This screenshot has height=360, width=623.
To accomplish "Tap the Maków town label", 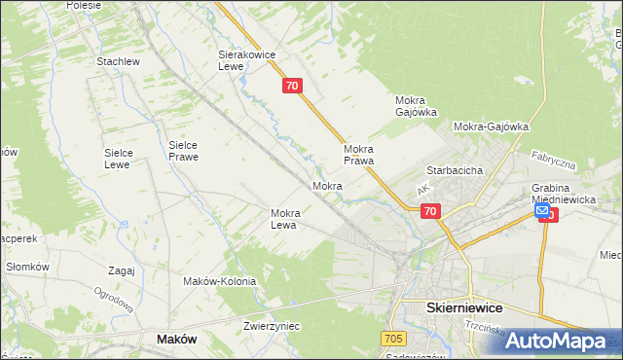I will point(177,339).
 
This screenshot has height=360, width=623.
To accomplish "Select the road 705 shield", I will point(392,338).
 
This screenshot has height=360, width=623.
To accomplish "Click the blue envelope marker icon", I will point(542,210).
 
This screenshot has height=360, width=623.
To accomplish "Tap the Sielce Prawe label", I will point(184,150).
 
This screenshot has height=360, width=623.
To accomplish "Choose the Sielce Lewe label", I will point(125,159).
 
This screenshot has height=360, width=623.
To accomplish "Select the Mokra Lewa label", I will point(290,219).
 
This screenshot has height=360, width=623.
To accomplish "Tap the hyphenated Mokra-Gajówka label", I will point(491,126).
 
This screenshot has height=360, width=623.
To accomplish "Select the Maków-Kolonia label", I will point(220,281).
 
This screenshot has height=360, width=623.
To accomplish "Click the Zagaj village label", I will point(122,270).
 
